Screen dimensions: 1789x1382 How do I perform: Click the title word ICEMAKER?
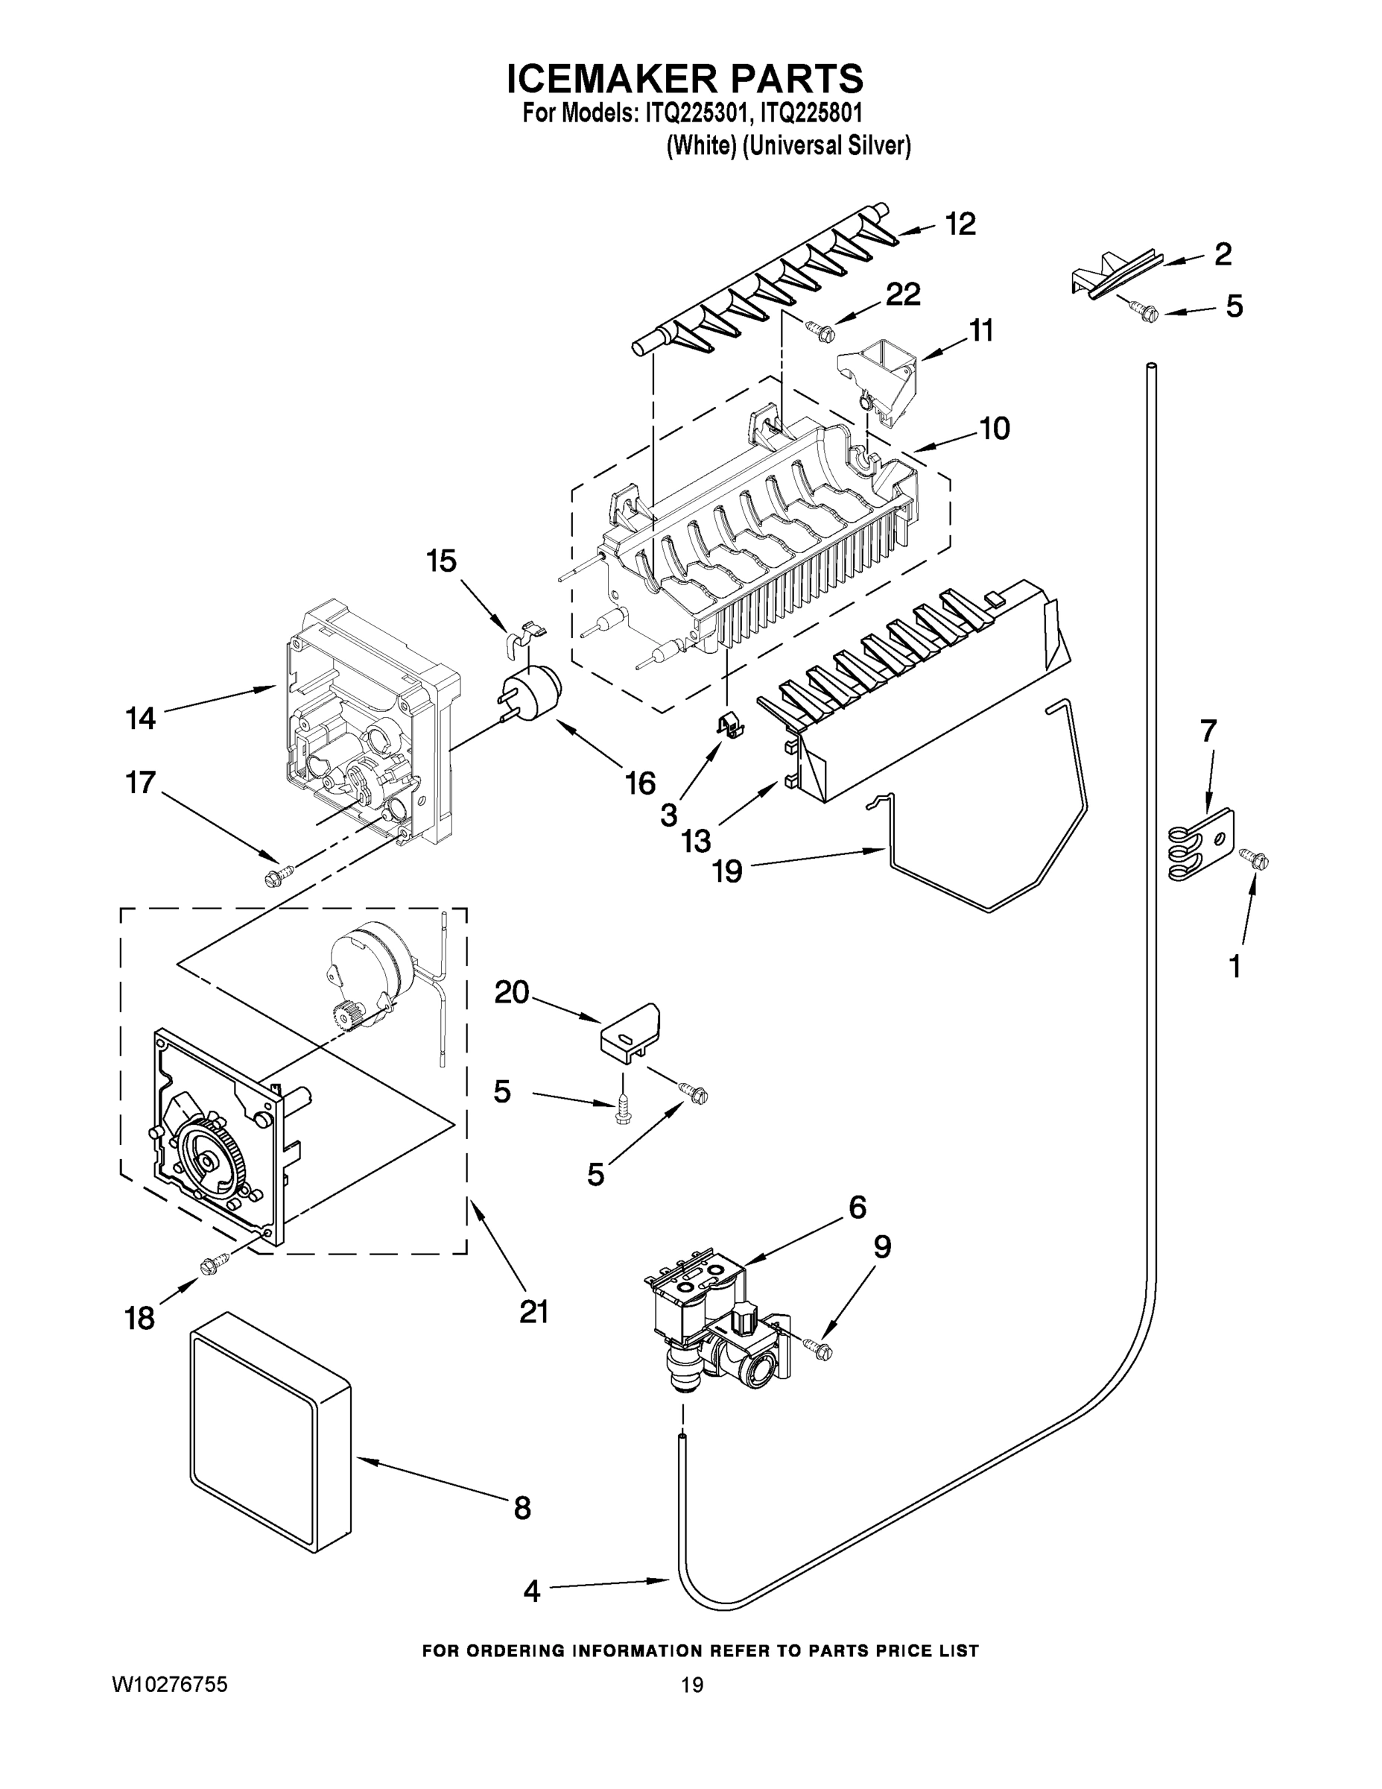click(x=611, y=80)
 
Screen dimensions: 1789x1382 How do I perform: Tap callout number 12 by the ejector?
click(x=960, y=224)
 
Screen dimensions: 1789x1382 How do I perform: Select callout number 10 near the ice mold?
click(x=994, y=429)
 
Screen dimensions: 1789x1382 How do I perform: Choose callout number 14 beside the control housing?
click(x=140, y=719)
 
